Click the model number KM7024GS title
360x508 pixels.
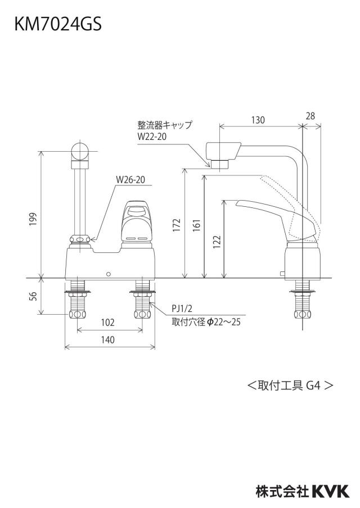58,24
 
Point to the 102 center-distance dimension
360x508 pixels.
107,322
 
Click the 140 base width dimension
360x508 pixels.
107,339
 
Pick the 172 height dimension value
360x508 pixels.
177,226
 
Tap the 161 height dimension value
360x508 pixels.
197,226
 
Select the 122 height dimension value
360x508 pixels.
217,241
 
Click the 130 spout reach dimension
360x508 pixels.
258,120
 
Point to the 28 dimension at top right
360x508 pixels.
310,116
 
